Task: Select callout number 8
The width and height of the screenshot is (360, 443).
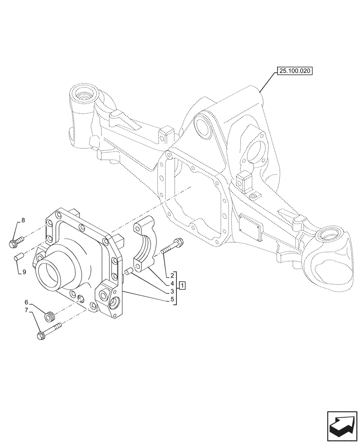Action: pos(23,220)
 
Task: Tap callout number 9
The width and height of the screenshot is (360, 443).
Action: pos(24,272)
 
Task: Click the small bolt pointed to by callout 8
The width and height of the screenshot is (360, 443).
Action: pos(15,242)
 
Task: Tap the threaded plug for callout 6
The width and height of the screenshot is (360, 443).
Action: pos(51,316)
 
